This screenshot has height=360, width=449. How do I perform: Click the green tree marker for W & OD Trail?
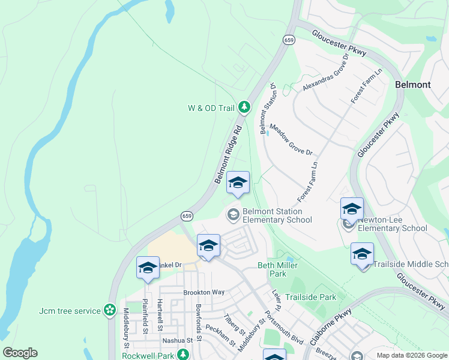tap(244, 107)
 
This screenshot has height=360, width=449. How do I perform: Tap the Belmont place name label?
tap(412, 85)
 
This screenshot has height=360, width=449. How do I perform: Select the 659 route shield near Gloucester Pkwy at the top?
tap(289, 40)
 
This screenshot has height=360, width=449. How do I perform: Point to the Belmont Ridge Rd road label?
tap(228, 155)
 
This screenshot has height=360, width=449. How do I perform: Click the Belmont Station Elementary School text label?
tap(277, 215)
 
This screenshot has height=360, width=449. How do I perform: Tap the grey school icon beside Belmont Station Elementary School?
tap(232, 214)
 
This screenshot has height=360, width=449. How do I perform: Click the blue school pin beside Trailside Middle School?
tap(362, 255)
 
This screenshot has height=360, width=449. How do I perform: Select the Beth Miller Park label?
tap(277, 269)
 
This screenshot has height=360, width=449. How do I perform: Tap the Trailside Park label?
tap(310, 297)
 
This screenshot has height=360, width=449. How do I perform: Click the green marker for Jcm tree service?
tap(109, 310)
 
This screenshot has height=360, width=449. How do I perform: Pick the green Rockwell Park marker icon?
tap(186, 356)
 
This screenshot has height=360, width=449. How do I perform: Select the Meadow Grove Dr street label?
tap(291, 140)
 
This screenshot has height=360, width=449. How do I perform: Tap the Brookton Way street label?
tap(203, 292)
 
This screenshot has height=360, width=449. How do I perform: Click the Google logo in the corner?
tap(20, 353)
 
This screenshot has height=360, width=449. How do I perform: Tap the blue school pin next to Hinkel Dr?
tap(147, 268)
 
